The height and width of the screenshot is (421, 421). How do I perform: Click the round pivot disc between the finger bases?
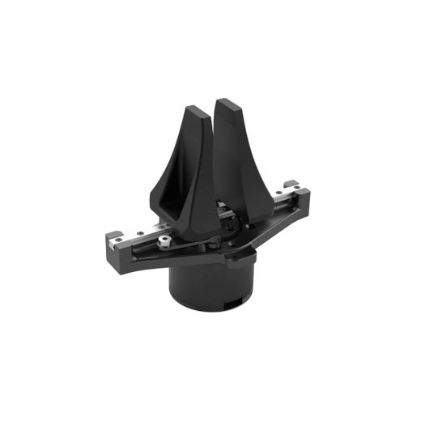pyautogui.click(x=212, y=244)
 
